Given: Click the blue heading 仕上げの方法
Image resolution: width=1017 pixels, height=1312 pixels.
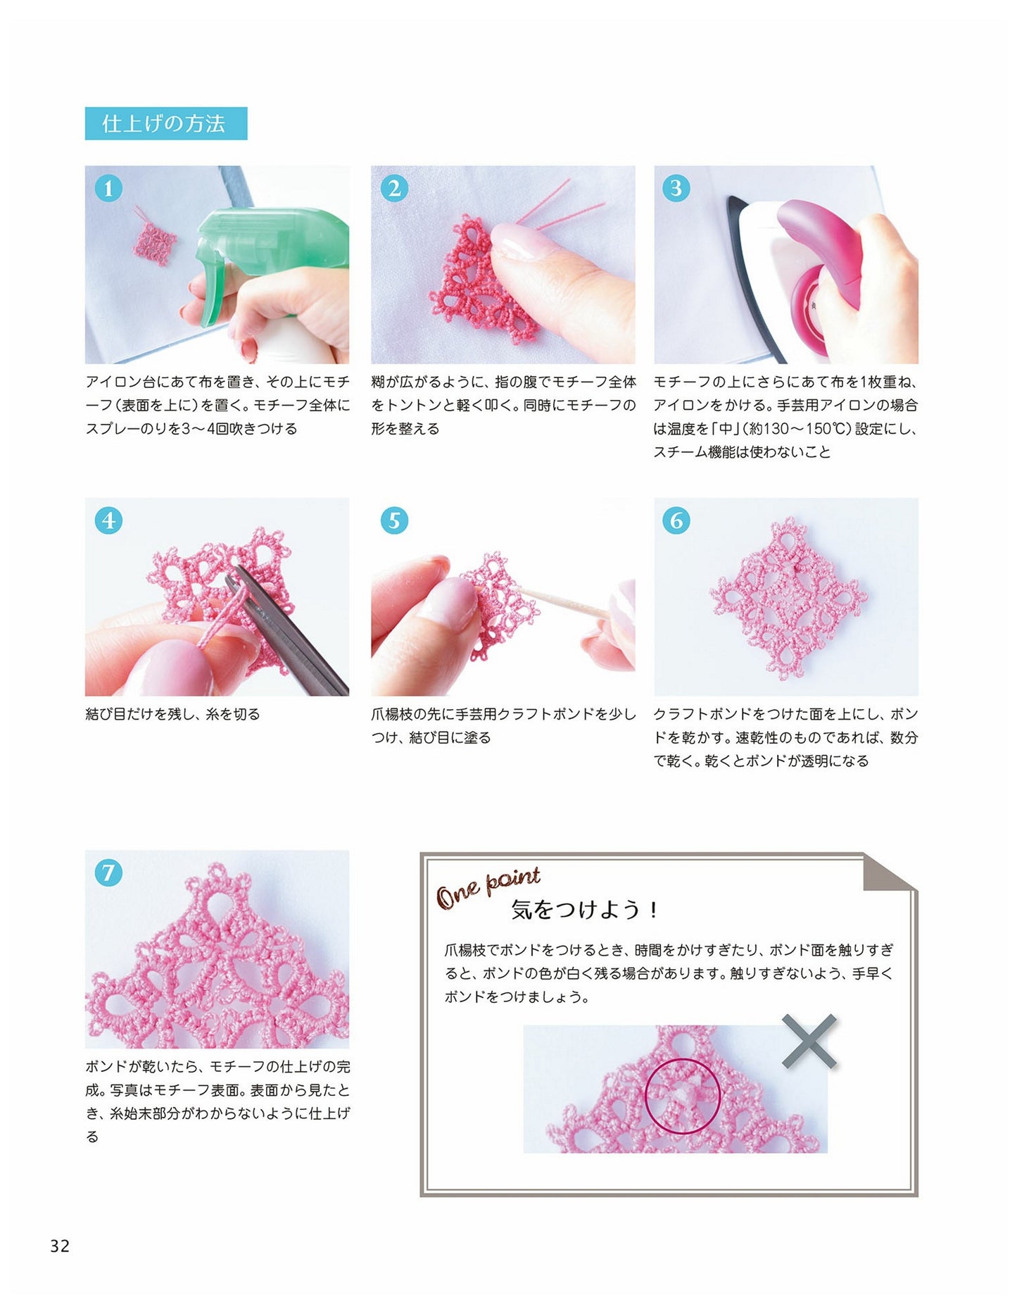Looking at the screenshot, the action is point(166,123).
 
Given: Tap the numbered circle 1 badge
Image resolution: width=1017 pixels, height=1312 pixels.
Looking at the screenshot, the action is point(108,188).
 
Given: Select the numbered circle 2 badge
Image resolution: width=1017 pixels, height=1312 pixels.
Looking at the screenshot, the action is point(394,188).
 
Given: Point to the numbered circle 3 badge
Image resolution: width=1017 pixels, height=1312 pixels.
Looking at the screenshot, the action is point(676,188).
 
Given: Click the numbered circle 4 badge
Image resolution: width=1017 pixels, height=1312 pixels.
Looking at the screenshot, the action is point(108,520).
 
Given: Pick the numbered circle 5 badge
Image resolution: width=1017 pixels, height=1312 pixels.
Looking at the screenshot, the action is point(394,520).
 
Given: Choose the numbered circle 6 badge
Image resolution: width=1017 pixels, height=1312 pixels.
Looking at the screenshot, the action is point(676,520).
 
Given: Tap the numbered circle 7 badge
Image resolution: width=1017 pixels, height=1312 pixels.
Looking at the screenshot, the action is point(108,873).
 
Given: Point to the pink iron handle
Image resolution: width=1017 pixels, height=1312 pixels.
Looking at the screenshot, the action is point(820,246).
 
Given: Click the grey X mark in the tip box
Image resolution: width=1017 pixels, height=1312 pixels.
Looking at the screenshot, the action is point(809,1041).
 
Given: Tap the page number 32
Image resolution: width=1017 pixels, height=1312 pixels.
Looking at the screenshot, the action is point(60,1247).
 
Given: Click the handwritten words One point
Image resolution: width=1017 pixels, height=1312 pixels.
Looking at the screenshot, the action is point(488,887).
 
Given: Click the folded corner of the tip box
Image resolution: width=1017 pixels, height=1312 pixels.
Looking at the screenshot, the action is point(890,873).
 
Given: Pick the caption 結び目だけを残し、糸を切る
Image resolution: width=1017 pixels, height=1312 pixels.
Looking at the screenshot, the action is point(173,714).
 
